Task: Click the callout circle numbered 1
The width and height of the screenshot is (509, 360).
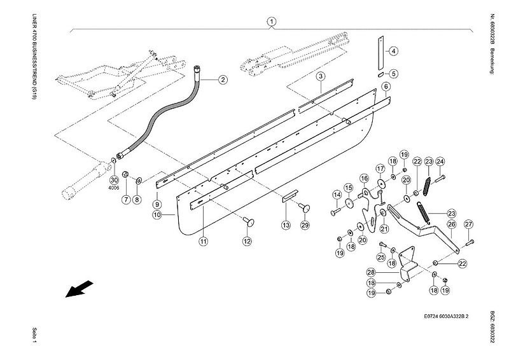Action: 272,22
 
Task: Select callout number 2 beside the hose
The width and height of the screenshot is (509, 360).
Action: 222,80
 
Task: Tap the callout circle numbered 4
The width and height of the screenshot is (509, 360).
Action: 393,51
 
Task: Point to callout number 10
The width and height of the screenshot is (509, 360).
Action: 157,215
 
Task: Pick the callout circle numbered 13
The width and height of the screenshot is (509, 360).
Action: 286,225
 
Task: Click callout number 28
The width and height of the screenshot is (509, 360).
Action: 371,272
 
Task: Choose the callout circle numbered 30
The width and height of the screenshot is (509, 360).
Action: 114,180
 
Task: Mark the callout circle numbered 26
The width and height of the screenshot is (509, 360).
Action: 452,224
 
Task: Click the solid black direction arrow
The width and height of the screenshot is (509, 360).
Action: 80,289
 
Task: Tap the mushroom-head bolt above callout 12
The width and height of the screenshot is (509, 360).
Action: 249,223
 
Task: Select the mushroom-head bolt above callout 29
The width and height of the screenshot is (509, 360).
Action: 305,207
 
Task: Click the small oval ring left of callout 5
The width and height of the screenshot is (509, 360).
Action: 380,74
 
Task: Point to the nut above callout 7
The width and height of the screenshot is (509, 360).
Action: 125,175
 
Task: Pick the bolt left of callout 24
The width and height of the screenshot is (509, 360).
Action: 440,178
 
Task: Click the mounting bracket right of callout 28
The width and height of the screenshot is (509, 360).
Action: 407,264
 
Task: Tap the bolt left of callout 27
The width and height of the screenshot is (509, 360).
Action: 470,242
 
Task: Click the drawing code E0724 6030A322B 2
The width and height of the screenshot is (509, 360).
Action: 446,317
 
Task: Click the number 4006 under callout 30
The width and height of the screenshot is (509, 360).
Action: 115,188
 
